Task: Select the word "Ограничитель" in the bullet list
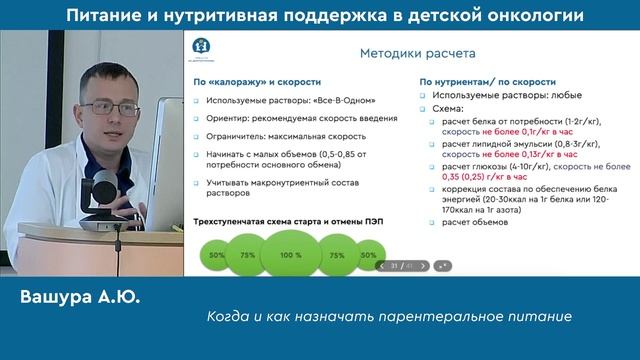tap(231, 133)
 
